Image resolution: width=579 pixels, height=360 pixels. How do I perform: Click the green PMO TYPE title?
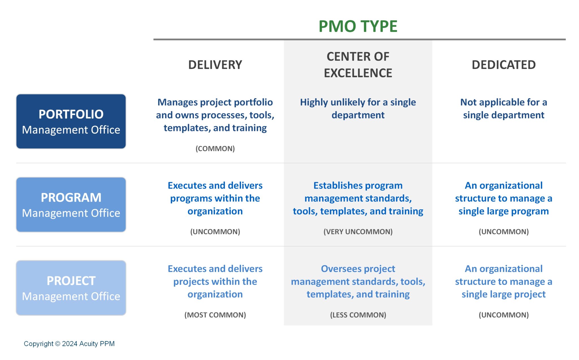358,26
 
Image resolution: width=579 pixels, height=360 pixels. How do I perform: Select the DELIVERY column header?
215,65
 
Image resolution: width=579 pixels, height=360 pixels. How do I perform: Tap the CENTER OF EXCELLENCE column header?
358,65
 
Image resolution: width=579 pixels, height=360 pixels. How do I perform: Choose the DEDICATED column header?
504,65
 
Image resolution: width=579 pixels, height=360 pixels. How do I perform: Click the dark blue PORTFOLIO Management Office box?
71,121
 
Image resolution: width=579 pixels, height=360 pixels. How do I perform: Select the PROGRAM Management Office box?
71,205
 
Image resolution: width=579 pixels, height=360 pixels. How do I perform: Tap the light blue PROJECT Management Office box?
71,288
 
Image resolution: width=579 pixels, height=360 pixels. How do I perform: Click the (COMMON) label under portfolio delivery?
215,148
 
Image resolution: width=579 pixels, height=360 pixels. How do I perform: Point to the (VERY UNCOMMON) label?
358,232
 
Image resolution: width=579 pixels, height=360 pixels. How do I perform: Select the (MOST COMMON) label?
215,315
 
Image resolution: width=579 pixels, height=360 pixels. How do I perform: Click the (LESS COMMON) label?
358,315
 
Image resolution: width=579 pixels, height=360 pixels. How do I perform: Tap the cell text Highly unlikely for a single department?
358,109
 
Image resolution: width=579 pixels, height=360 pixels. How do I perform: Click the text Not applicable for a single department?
504,109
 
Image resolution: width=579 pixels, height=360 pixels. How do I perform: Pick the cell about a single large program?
504,198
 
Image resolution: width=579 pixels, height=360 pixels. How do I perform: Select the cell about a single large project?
504,281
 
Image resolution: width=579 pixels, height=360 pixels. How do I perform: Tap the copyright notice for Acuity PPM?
69,344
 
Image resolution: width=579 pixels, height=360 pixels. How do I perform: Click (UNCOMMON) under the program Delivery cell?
215,232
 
